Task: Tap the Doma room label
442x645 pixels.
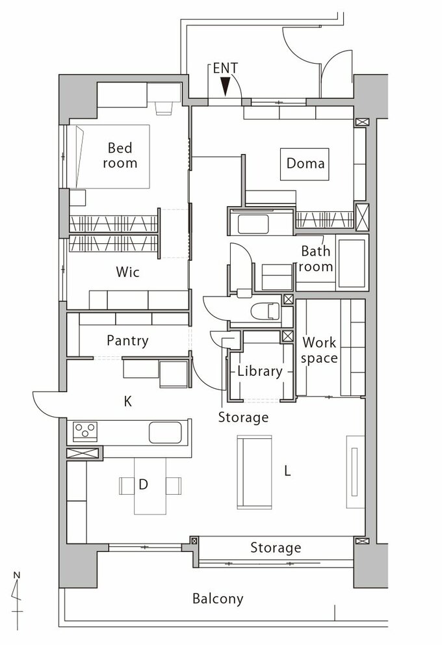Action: click(305, 163)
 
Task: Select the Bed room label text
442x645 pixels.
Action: click(120, 155)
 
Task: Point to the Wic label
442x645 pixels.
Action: click(127, 272)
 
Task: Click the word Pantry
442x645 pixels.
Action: click(127, 341)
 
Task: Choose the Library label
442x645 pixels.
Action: click(260, 371)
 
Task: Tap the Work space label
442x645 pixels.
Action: click(319, 350)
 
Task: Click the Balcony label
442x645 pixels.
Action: click(218, 599)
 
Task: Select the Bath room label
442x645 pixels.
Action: click(316, 259)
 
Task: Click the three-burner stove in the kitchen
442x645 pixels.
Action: click(85, 432)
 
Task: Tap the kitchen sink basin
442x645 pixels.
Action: click(165, 432)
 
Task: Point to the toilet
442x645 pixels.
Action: click(265, 311)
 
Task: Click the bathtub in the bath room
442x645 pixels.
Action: click(352, 263)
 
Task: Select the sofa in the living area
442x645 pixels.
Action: click(255, 472)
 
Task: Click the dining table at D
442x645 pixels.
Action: click(151, 486)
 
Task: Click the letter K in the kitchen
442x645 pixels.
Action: click(128, 401)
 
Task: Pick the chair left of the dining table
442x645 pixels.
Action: click(126, 486)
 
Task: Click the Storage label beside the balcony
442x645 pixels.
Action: click(276, 547)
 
